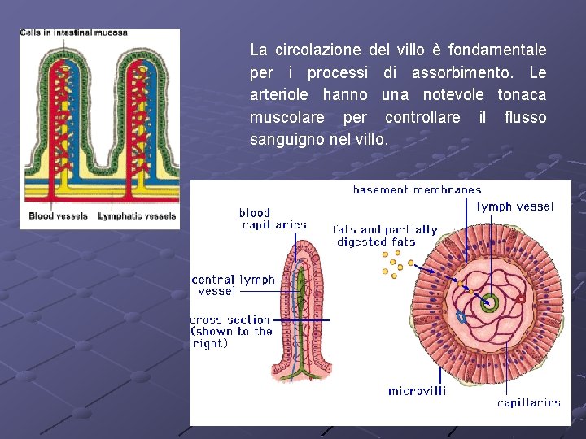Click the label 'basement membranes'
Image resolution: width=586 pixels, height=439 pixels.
coord(416,190)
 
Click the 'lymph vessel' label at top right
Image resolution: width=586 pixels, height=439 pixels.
coord(514,206)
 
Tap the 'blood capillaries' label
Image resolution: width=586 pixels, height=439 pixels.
coord(273,219)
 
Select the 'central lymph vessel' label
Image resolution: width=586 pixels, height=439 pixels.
coord(234,285)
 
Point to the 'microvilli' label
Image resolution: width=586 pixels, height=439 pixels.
coord(417,391)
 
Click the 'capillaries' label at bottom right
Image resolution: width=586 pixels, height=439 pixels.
coord(528,402)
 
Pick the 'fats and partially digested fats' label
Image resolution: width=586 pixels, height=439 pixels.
coord(385,236)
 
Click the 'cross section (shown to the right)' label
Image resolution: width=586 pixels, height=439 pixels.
coord(232,331)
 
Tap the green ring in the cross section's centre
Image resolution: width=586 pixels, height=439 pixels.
coord(490,303)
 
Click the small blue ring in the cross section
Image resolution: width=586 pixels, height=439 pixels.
coord(462,317)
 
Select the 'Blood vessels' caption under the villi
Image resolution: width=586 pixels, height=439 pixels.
coord(58,216)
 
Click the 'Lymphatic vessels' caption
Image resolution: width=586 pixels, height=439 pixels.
coord(137,216)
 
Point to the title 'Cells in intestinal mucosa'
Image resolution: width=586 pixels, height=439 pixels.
coord(73,33)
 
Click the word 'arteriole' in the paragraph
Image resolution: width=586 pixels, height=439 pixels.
coord(278,95)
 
